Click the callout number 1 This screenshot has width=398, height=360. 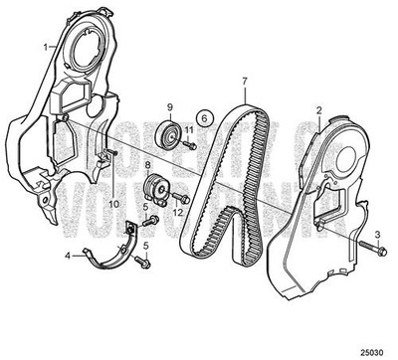point(43,47)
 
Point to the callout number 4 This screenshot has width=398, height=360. point(68,255)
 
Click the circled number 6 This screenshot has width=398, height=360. point(205,116)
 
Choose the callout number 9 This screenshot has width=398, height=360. point(169,106)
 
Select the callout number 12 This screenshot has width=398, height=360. point(180,212)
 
